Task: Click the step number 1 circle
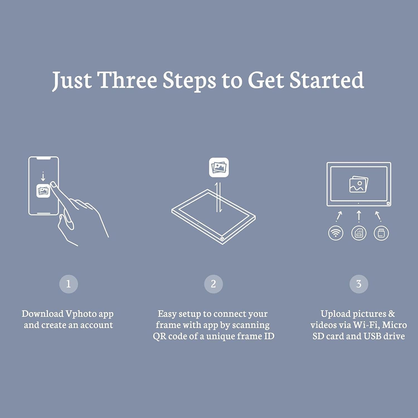click(69, 284)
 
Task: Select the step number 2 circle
click(213, 284)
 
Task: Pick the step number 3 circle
click(359, 284)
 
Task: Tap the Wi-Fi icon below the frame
click(336, 233)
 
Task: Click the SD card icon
click(359, 233)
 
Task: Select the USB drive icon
click(381, 233)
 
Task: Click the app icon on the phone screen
click(43, 191)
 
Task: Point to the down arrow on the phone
click(43, 176)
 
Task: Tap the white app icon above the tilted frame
click(219, 167)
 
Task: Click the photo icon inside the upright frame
click(359, 184)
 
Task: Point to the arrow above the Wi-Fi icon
click(339, 216)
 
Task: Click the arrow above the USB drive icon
click(378, 216)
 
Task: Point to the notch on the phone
click(44, 158)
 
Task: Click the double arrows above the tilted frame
click(219, 197)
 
